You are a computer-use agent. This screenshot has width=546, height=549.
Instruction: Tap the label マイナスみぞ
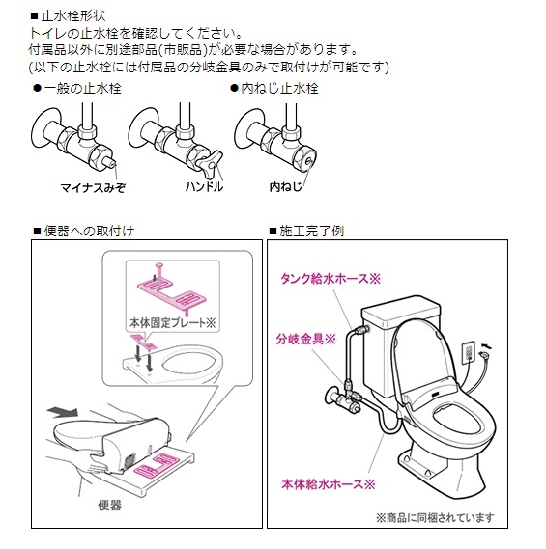[93, 188]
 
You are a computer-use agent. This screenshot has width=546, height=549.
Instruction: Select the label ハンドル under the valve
[204, 186]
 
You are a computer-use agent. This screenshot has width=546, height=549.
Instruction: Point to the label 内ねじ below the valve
[285, 186]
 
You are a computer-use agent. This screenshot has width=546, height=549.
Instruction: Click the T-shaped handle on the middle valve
[211, 162]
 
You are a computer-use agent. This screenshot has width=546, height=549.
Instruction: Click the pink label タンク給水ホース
[330, 279]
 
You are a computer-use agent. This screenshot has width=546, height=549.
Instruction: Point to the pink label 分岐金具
[305, 339]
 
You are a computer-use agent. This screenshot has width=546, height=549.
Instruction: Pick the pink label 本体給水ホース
[329, 484]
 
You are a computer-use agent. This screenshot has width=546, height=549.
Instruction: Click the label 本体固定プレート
[173, 322]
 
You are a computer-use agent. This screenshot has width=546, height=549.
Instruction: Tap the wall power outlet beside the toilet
[470, 353]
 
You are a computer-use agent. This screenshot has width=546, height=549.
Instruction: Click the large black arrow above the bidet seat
[64, 411]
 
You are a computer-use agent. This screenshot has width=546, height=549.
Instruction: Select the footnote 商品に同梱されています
[435, 517]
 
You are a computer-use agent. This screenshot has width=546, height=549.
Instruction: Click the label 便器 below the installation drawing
[110, 506]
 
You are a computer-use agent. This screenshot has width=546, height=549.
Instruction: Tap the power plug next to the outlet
[485, 354]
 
